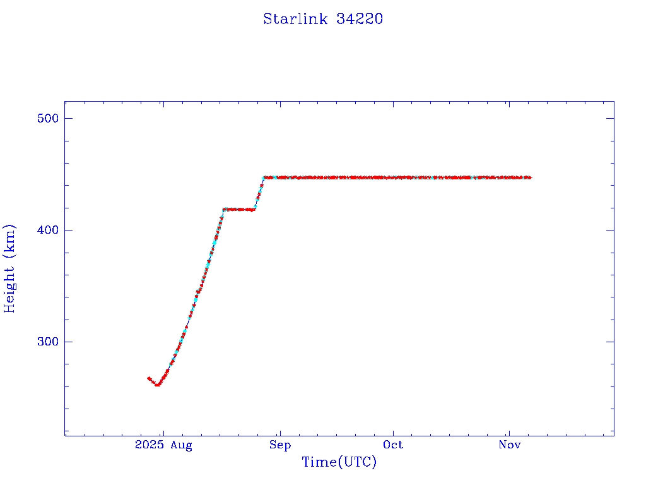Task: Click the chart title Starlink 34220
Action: pos(323,19)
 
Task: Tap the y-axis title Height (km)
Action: pos(9,268)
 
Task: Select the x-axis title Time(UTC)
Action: pos(339,462)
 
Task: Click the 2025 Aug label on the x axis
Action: pos(163,445)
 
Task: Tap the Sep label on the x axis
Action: pos(279,445)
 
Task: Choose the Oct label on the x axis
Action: pos(393,445)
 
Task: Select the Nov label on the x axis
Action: pos(509,445)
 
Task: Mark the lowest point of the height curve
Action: pos(158,384)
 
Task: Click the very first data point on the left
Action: pos(148,378)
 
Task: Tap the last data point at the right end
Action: pos(530,177)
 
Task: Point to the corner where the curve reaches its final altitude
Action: pos(264,177)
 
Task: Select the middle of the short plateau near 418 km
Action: pos(239,209)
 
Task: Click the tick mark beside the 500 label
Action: pos(68,118)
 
